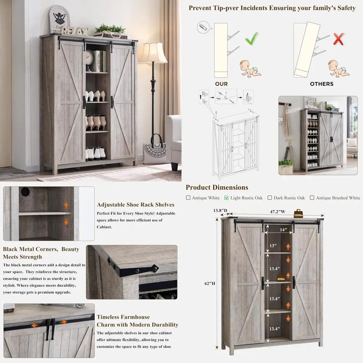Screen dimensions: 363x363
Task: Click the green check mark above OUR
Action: pos(252,38)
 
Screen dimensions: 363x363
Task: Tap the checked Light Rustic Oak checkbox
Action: pos(227,198)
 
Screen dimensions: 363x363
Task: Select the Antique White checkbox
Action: pos(188,198)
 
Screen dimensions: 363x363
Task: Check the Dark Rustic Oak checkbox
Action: pos(270,198)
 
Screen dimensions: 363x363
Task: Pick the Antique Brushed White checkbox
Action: pos(312,198)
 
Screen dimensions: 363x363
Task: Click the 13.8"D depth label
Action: pos(220,210)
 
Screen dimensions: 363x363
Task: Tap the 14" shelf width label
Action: pos(284,230)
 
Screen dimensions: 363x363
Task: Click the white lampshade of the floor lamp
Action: pos(153,53)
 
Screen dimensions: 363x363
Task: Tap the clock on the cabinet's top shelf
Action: pos(89,56)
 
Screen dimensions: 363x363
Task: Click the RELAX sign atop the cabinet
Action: pos(75,30)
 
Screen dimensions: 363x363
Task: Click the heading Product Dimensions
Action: pos(217,187)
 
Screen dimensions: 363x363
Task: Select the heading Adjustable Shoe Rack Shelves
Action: pos(135,205)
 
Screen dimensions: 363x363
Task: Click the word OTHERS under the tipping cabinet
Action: pos(322,84)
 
